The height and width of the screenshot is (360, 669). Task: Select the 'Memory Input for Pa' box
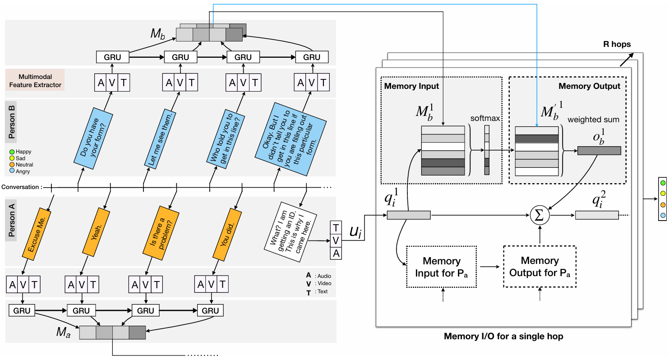pos(441,267)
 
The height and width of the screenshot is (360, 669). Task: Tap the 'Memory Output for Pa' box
pos(540,267)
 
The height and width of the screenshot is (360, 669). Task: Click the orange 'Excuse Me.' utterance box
pos(37,235)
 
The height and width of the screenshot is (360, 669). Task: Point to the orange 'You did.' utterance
pos(225,235)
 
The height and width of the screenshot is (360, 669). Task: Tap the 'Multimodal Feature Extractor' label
pos(35,80)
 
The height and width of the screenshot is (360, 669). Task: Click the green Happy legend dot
pos(11,152)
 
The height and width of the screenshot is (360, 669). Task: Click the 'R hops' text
pos(617,45)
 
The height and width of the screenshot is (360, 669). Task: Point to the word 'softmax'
pos(485,118)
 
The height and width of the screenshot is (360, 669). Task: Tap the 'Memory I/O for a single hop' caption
pos(503,337)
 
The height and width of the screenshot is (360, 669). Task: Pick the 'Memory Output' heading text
pos(589,86)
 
